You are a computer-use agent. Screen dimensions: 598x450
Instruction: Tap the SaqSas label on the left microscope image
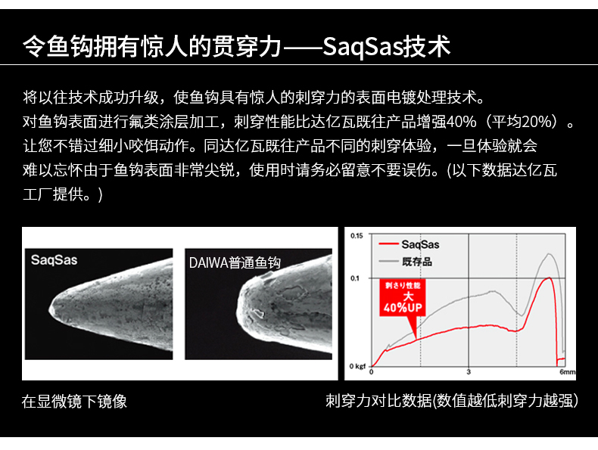tap(55, 260)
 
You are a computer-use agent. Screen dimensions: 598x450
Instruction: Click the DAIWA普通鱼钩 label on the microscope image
tap(235, 262)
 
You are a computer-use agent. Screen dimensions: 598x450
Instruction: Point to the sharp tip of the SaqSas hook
tap(49, 310)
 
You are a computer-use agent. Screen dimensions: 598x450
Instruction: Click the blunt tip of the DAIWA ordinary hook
tap(237, 312)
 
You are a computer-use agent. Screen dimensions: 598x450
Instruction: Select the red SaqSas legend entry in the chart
tap(409, 244)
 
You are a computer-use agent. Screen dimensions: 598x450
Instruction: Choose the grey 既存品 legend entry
tap(406, 262)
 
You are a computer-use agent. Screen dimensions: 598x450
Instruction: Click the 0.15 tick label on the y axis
tap(357, 236)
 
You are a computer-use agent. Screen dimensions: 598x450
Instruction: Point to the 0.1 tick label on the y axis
tap(355, 278)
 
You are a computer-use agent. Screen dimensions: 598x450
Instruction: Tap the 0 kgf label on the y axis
tap(357, 366)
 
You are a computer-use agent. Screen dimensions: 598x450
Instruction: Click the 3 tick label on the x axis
tap(469, 372)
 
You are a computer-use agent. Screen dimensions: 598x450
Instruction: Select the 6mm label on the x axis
tap(567, 372)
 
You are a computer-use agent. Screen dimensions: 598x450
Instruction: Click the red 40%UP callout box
tap(403, 297)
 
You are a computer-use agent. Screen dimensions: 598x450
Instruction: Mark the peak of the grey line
tap(549, 254)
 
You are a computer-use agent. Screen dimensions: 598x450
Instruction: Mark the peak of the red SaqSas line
tap(550, 278)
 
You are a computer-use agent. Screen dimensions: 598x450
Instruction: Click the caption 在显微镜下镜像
tap(74, 402)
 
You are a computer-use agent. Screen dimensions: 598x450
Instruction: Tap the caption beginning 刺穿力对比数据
tap(452, 401)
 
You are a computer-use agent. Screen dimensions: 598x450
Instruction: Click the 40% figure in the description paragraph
tap(462, 122)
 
